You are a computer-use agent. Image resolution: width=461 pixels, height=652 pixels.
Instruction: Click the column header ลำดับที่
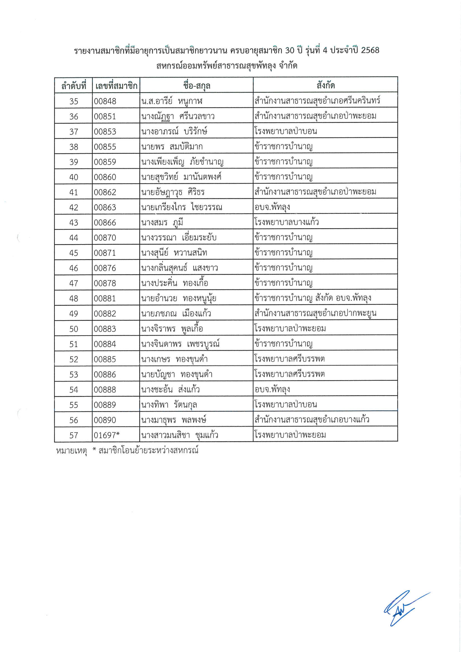click(73, 85)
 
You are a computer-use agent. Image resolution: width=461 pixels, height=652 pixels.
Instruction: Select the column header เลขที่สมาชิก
click(116, 85)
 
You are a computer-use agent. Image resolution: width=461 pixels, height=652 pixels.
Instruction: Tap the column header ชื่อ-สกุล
click(196, 85)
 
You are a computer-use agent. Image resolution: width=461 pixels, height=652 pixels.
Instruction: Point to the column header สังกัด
click(325, 85)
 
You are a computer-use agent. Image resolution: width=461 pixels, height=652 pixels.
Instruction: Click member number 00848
click(105, 101)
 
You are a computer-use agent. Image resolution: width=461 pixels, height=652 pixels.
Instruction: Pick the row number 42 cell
click(73, 207)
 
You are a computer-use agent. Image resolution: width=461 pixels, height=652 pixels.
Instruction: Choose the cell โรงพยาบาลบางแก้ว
click(286, 222)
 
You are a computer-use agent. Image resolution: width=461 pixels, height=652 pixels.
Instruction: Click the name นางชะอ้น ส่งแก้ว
click(170, 389)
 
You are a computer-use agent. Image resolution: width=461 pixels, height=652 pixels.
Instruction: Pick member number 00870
click(105, 237)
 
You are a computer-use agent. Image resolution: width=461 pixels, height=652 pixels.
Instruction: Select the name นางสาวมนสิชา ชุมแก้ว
click(179, 435)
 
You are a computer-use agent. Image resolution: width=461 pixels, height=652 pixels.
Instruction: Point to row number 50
click(73, 329)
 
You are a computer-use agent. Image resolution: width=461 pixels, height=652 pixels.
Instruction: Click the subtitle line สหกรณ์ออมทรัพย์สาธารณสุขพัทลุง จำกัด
click(227, 66)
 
